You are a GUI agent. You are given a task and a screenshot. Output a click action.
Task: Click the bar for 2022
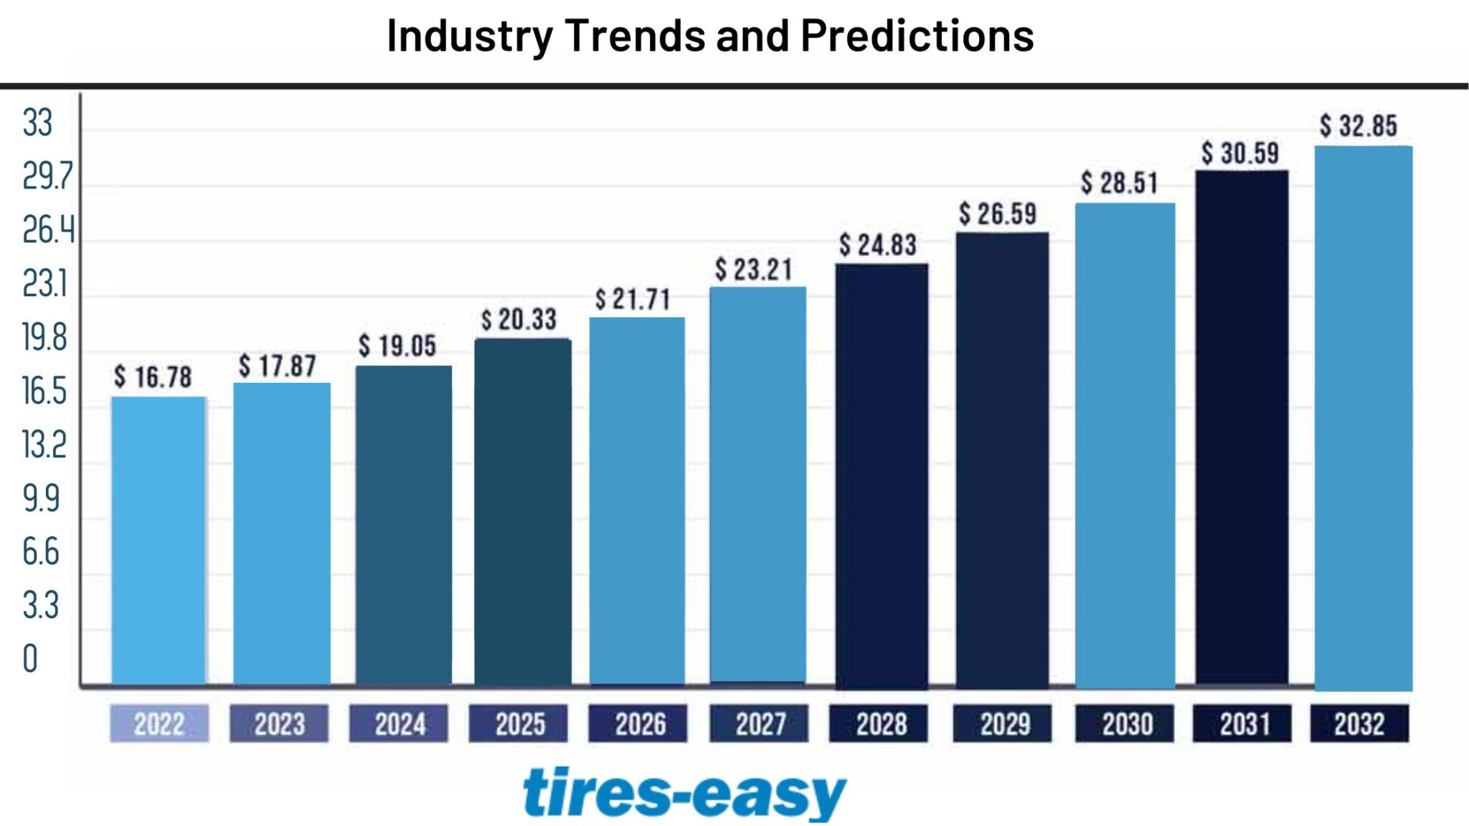click(x=159, y=541)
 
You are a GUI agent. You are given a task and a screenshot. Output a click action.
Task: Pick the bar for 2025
click(x=523, y=512)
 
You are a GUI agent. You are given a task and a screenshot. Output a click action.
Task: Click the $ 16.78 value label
click(x=153, y=377)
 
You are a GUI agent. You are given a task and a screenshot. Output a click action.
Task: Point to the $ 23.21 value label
click(x=753, y=270)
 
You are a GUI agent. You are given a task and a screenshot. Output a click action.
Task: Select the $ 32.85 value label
click(x=1359, y=126)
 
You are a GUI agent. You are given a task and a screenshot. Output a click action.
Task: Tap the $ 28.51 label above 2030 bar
click(x=1119, y=183)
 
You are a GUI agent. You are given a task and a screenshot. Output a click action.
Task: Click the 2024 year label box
click(x=399, y=723)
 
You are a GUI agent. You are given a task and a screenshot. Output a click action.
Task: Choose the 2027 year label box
click(x=759, y=723)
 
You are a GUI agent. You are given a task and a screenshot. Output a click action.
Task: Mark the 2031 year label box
click(x=1242, y=723)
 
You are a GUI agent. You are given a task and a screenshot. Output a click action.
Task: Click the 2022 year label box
click(x=159, y=723)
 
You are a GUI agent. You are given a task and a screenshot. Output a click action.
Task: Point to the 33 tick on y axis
click(x=37, y=123)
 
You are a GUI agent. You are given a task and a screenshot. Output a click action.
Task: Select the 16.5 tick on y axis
click(x=44, y=391)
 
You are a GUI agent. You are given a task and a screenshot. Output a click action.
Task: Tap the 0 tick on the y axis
click(x=30, y=659)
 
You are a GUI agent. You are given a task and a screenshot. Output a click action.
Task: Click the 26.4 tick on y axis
click(x=47, y=230)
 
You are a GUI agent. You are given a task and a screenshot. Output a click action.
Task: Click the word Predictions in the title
click(x=917, y=35)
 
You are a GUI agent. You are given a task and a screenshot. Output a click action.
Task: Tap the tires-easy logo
click(x=684, y=793)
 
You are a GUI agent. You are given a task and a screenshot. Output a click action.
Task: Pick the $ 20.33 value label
click(x=519, y=320)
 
